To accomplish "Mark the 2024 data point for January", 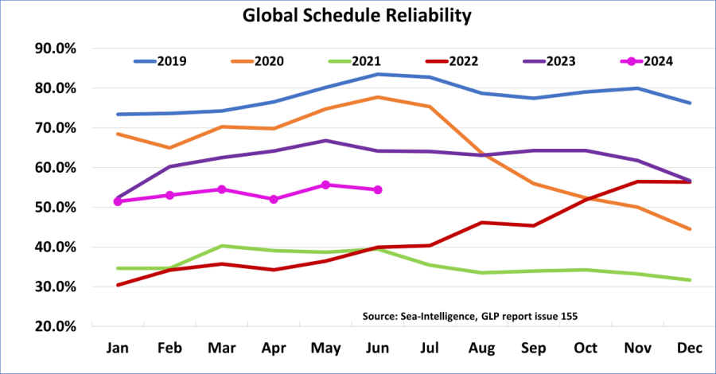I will (x=118, y=201).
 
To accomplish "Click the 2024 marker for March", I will (x=222, y=189).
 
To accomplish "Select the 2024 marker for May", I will (x=325, y=185).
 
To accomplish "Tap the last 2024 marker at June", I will (x=378, y=189).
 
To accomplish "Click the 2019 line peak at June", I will (x=378, y=74).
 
